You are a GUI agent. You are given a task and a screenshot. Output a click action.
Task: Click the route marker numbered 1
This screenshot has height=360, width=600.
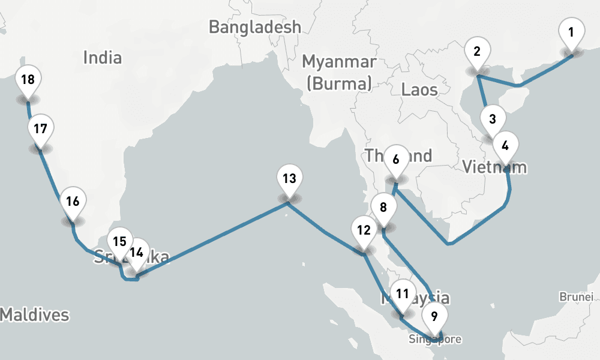[x=571, y=32]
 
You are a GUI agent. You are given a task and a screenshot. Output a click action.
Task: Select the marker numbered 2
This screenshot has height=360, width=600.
[x=477, y=52]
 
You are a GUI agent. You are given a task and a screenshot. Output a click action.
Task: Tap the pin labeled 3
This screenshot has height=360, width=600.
[x=493, y=119]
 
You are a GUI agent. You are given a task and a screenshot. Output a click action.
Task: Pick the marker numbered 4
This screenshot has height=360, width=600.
[x=505, y=145]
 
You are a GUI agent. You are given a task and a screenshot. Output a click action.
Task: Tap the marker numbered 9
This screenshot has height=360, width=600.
[x=434, y=314]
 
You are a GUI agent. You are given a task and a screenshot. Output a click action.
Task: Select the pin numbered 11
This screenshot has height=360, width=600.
[x=403, y=294]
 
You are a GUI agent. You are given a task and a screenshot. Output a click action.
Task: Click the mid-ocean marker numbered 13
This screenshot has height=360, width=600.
[x=289, y=179]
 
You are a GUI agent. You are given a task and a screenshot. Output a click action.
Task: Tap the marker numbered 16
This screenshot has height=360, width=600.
[x=73, y=202]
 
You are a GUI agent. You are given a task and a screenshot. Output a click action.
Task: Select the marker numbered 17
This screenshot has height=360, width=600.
[x=40, y=129]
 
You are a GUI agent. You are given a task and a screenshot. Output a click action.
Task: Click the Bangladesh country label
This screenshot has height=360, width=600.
[x=255, y=27]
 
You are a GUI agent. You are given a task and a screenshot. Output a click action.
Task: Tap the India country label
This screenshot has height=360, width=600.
[x=102, y=58]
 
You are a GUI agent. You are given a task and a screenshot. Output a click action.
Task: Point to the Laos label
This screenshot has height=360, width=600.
[x=419, y=90]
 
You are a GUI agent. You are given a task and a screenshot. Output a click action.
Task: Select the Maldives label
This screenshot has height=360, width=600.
[x=34, y=314]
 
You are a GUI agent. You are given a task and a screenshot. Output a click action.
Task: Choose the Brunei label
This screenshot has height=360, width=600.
[x=576, y=296]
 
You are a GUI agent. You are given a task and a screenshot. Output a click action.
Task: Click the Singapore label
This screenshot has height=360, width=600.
[x=435, y=340]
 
